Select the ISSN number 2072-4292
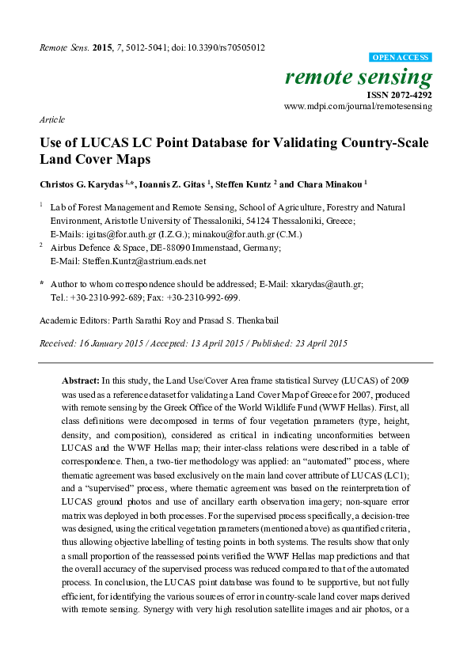(x=410, y=93)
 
